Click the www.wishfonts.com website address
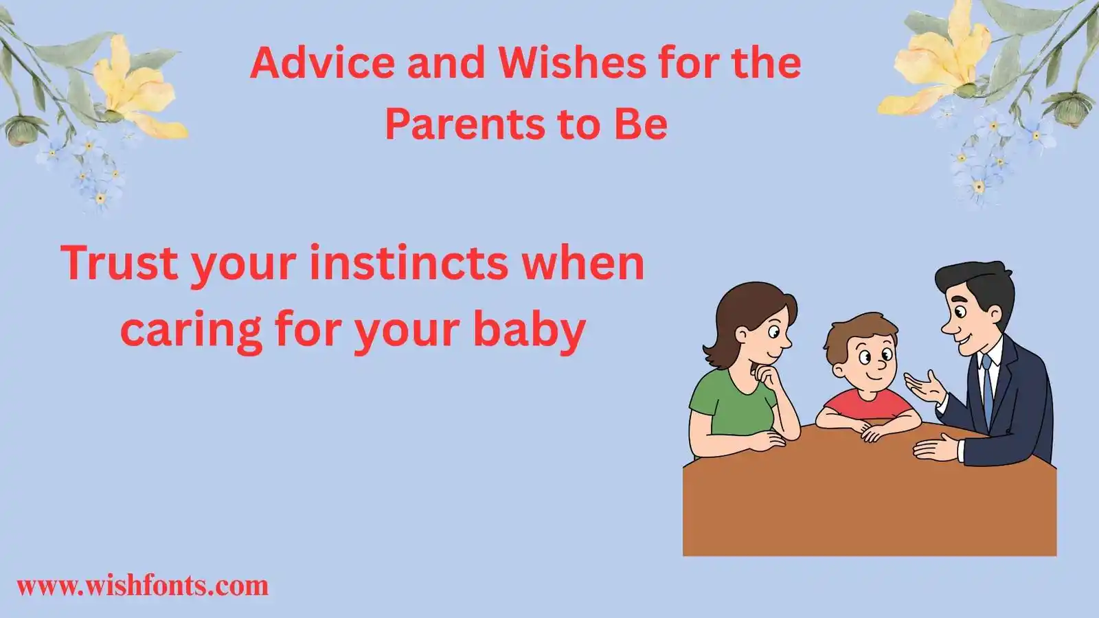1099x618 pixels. point(143,586)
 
